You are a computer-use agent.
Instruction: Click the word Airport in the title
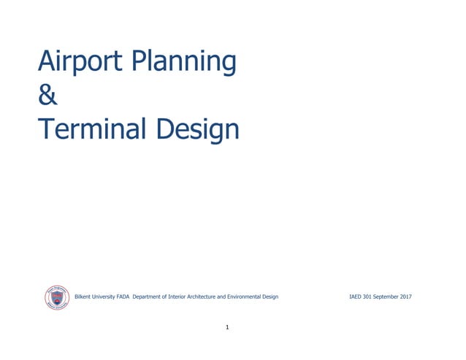(x=80, y=62)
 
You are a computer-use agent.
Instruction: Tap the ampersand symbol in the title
(x=47, y=96)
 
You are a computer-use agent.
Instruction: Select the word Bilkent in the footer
(x=85, y=297)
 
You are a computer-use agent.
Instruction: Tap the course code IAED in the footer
(x=357, y=297)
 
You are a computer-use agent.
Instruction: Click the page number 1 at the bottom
(x=228, y=327)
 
